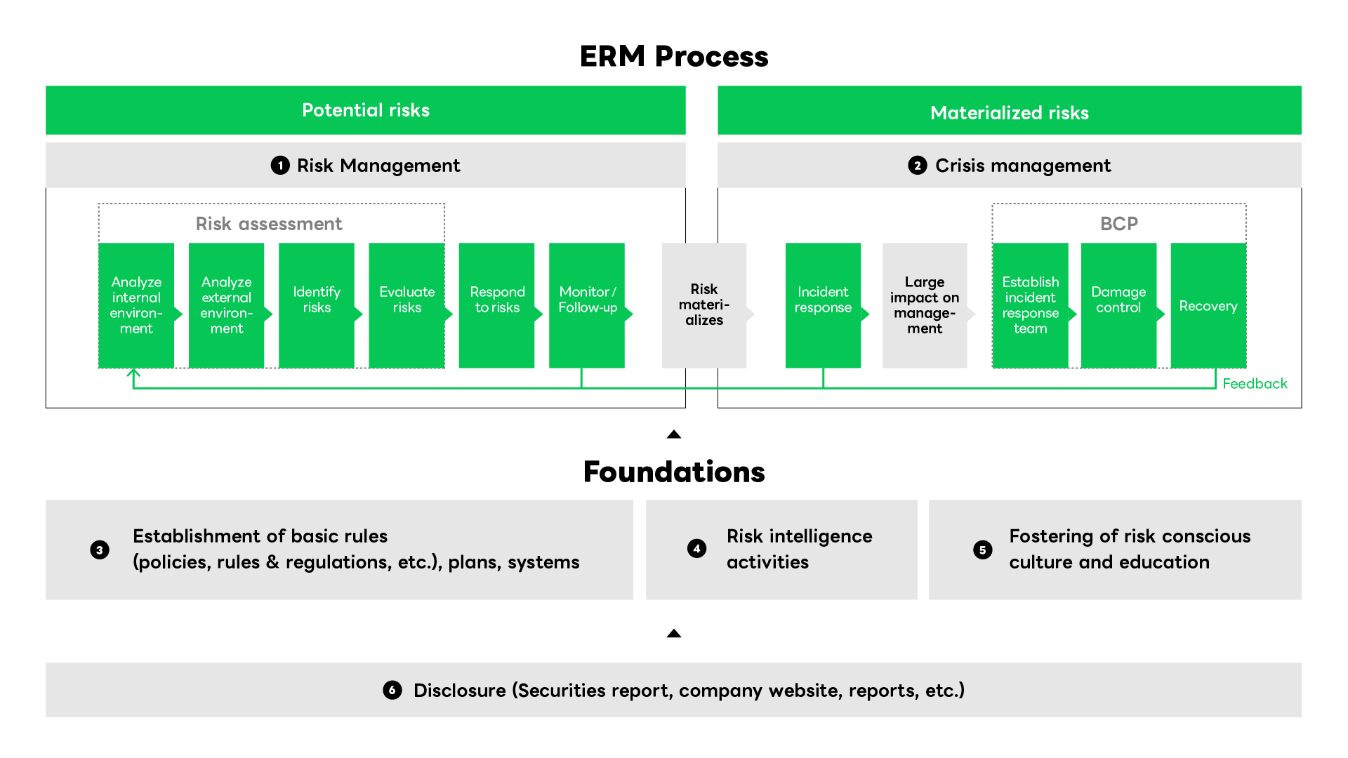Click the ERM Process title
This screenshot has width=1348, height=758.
tap(674, 57)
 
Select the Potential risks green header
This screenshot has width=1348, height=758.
tap(365, 110)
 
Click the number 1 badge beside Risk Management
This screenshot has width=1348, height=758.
tap(280, 166)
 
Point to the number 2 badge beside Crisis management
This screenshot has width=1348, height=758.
tap(917, 166)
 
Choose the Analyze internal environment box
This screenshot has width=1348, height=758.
tap(136, 305)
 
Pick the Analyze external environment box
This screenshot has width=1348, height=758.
tap(226, 305)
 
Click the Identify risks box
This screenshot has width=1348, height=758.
tap(317, 305)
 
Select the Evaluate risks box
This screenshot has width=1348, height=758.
tap(407, 305)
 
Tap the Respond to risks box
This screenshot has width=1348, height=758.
tap(496, 305)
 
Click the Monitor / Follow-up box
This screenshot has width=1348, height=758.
tap(587, 305)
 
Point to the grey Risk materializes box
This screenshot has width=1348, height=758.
tap(704, 305)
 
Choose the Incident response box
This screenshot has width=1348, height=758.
tap(823, 305)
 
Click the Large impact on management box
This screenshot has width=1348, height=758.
tap(925, 305)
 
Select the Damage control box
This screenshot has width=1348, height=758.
tap(1118, 305)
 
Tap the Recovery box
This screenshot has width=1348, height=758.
tap(1208, 305)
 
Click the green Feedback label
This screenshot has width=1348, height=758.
tap(1255, 384)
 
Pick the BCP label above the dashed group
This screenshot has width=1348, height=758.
tap(1119, 224)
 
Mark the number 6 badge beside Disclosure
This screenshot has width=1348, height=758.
tap(392, 690)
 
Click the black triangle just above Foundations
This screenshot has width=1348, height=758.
tap(674, 434)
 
